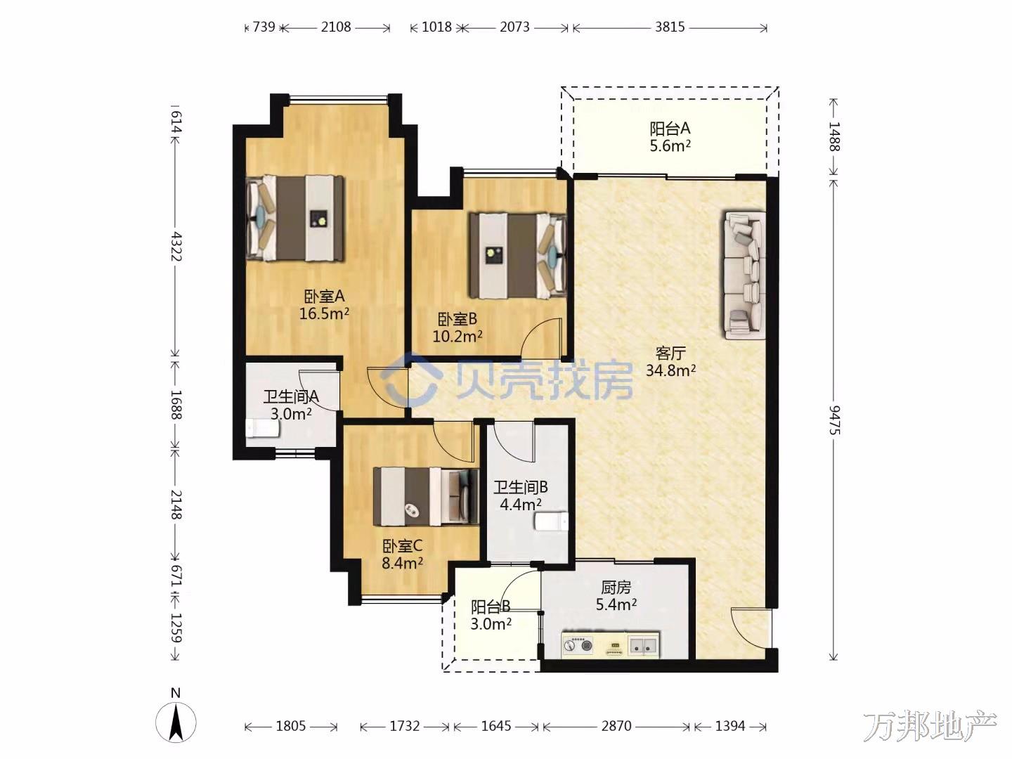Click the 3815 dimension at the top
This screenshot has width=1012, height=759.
[670, 27]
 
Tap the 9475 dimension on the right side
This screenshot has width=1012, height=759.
[834, 420]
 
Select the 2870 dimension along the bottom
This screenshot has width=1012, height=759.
[616, 727]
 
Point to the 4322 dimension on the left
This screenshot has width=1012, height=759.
[176, 247]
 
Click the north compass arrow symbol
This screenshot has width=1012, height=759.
[176, 722]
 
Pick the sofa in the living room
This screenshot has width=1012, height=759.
[744, 275]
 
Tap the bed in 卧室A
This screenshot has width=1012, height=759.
[296, 219]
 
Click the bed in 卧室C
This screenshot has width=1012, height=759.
[426, 496]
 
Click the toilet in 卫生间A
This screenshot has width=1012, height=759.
[262, 429]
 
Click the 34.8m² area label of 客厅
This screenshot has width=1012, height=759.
[670, 370]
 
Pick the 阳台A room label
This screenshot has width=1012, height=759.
[670, 128]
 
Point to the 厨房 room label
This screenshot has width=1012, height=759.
[616, 587]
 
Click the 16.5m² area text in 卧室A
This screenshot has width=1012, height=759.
[324, 313]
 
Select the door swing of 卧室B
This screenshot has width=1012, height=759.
[541, 338]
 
